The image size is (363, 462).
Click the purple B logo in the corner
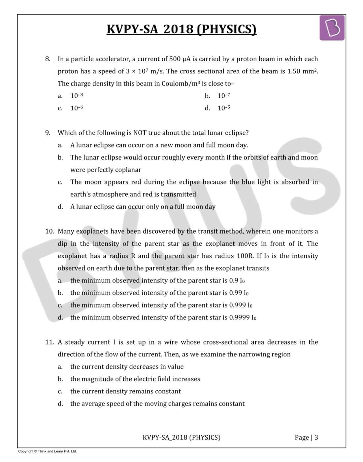click(x=332, y=28)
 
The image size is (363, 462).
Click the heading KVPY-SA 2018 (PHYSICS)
click(x=181, y=29)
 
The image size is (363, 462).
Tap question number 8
click(x=48, y=59)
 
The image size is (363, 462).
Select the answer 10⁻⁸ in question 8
click(x=77, y=96)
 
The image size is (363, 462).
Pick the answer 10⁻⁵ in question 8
click(x=223, y=108)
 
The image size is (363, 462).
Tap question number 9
click(x=48, y=133)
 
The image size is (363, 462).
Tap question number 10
click(x=49, y=231)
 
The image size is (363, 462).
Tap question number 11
click(x=49, y=342)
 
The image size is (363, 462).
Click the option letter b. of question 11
click(x=60, y=379)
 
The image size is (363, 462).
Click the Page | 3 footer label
click(x=306, y=438)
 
